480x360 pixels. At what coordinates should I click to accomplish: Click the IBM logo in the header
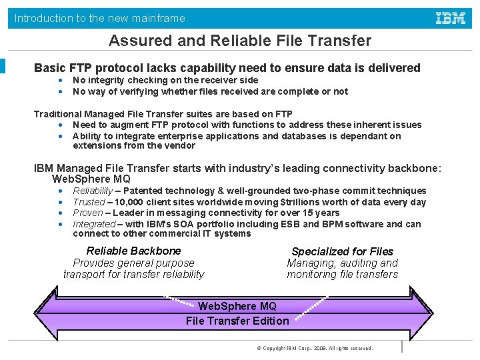pyautogui.click(x=451, y=18)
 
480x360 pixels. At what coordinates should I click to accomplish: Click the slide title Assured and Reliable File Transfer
pyautogui.click(x=240, y=41)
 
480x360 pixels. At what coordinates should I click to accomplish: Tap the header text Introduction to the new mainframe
pyautogui.click(x=100, y=18)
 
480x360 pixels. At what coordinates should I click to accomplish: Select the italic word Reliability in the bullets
pyautogui.click(x=93, y=191)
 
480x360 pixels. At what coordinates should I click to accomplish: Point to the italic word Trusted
pyautogui.click(x=89, y=201)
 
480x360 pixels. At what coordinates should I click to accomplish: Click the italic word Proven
pyautogui.click(x=88, y=213)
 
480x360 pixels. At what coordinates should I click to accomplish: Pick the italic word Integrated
pyautogui.click(x=94, y=224)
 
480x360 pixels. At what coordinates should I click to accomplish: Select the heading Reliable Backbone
pyautogui.click(x=133, y=251)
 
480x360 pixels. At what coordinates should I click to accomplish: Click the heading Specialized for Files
pyautogui.click(x=342, y=251)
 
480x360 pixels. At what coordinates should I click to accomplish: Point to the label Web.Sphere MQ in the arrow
pyautogui.click(x=237, y=306)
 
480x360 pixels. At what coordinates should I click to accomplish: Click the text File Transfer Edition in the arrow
pyautogui.click(x=237, y=321)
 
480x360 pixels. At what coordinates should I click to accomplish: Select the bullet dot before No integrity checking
pyautogui.click(x=61, y=81)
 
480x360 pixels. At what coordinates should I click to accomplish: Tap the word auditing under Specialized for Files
pyautogui.click(x=344, y=263)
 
